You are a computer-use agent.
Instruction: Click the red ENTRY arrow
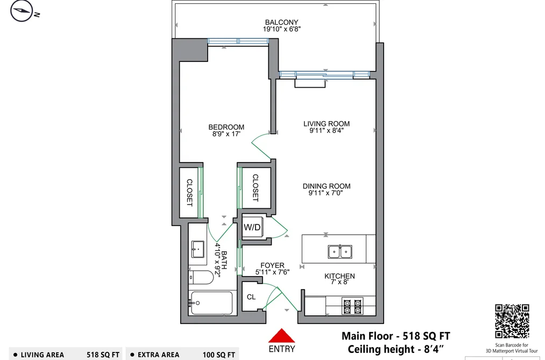(x=281, y=336)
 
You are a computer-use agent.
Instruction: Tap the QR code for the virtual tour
(x=512, y=321)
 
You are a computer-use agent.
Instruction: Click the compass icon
(x=22, y=11)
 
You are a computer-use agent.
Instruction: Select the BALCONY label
(x=281, y=22)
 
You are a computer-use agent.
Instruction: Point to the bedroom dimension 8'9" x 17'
(x=227, y=134)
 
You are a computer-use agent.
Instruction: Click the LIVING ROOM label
(x=327, y=124)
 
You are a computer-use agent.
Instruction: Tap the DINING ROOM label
(x=327, y=186)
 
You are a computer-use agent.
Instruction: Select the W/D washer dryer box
(x=252, y=227)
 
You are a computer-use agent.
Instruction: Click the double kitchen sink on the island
(x=340, y=251)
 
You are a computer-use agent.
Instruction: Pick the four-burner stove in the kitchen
(x=352, y=306)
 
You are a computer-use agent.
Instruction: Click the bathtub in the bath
(x=211, y=303)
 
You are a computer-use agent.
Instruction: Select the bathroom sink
(x=198, y=249)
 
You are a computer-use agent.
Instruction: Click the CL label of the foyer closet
(x=251, y=297)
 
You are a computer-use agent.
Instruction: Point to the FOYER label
(x=272, y=265)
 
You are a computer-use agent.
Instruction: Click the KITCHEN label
(x=339, y=276)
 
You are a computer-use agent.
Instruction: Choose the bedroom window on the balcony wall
(x=238, y=41)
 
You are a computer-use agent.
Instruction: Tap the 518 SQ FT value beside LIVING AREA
(x=103, y=355)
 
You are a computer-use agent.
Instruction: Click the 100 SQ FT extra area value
(x=219, y=355)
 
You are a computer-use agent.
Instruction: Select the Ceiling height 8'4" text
(x=396, y=349)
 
